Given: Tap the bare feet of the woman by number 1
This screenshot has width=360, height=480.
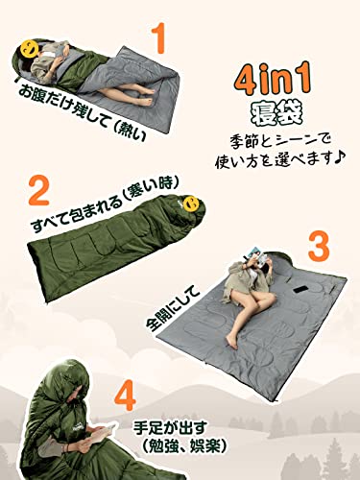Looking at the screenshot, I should tap(143, 93).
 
